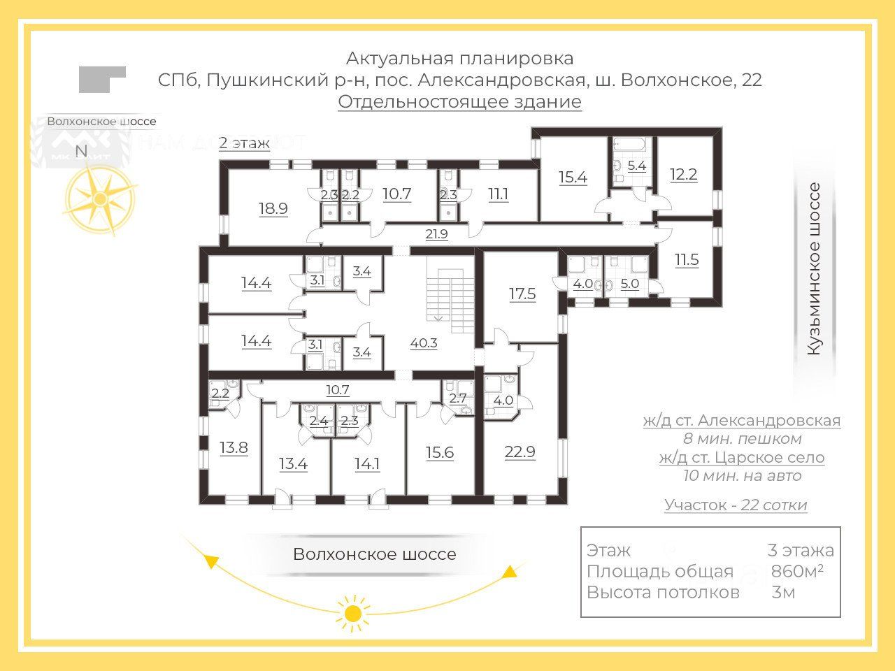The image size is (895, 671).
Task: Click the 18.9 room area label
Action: [x=273, y=208]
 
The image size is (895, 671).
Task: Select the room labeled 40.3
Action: [x=424, y=343]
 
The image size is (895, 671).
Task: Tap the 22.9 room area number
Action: [x=520, y=452]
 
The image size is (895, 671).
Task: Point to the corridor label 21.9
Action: [x=436, y=234]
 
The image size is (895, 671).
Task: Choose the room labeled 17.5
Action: [x=522, y=294]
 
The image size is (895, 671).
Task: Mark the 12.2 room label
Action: [x=683, y=174]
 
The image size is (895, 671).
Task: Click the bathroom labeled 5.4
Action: [x=636, y=166]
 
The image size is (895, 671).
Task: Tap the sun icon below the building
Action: [x=353, y=613]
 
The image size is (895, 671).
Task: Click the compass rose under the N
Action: [x=100, y=198]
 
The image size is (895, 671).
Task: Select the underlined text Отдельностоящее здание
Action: [x=459, y=102]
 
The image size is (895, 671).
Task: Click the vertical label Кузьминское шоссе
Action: [x=814, y=269]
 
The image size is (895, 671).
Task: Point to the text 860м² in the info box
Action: [x=796, y=571]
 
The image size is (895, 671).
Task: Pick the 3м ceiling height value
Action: [x=783, y=593]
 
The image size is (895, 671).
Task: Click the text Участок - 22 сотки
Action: [x=736, y=505]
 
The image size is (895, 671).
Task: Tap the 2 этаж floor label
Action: [x=244, y=143]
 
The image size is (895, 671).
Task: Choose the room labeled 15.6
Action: [x=440, y=452]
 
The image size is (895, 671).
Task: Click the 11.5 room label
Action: [x=687, y=260]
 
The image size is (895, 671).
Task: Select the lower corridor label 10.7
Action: [x=337, y=390]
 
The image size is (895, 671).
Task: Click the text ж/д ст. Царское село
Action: [x=742, y=458]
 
